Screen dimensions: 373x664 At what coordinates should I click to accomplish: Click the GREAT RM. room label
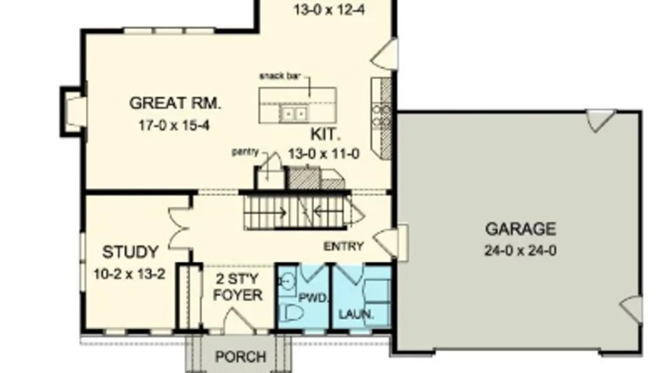click(x=175, y=103)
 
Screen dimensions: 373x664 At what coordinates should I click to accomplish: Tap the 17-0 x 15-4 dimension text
click(x=174, y=125)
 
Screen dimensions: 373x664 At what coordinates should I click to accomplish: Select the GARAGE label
click(x=520, y=229)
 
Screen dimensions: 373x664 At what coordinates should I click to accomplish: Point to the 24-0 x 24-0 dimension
click(x=520, y=250)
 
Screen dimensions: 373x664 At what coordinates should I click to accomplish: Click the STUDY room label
click(x=130, y=252)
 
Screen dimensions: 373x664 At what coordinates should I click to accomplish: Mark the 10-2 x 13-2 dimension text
click(x=130, y=275)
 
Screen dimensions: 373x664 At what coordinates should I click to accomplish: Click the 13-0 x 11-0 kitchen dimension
click(x=324, y=154)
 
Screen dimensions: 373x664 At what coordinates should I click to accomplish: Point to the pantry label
click(x=245, y=152)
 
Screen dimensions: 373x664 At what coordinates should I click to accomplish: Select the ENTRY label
click(x=343, y=246)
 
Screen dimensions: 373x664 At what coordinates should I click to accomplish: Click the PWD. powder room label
click(x=313, y=298)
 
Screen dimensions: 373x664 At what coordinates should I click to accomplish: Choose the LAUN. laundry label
click(x=356, y=314)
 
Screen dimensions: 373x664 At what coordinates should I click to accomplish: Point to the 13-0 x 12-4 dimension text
click(x=329, y=10)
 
